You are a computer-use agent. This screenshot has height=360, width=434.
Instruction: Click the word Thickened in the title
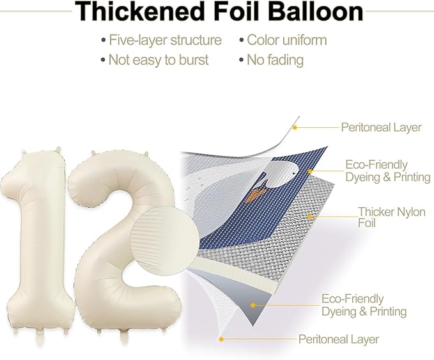coord(138,11)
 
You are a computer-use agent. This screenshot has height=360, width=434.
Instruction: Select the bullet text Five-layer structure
coord(165,40)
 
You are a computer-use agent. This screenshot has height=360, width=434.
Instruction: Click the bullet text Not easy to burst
coord(159,60)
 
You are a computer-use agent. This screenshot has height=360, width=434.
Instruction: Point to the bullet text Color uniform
coord(287,40)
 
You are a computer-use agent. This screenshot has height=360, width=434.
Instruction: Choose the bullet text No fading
coord(275,60)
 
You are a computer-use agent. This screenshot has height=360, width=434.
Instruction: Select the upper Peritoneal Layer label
coord(381,127)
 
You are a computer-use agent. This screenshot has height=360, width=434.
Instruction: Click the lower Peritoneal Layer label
coord(339,339)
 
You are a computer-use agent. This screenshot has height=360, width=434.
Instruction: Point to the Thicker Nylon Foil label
coord(391,217)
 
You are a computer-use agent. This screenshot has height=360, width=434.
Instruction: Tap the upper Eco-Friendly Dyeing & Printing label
coord(388,171)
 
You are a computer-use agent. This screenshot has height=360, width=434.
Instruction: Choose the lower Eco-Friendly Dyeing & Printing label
coord(364,305)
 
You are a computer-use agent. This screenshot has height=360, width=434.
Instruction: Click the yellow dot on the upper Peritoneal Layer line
coord(295,128)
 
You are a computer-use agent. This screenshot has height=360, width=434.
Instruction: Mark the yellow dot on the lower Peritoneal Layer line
coord(221,339)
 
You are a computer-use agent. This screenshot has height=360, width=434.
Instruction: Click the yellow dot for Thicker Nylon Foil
coord(310,217)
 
